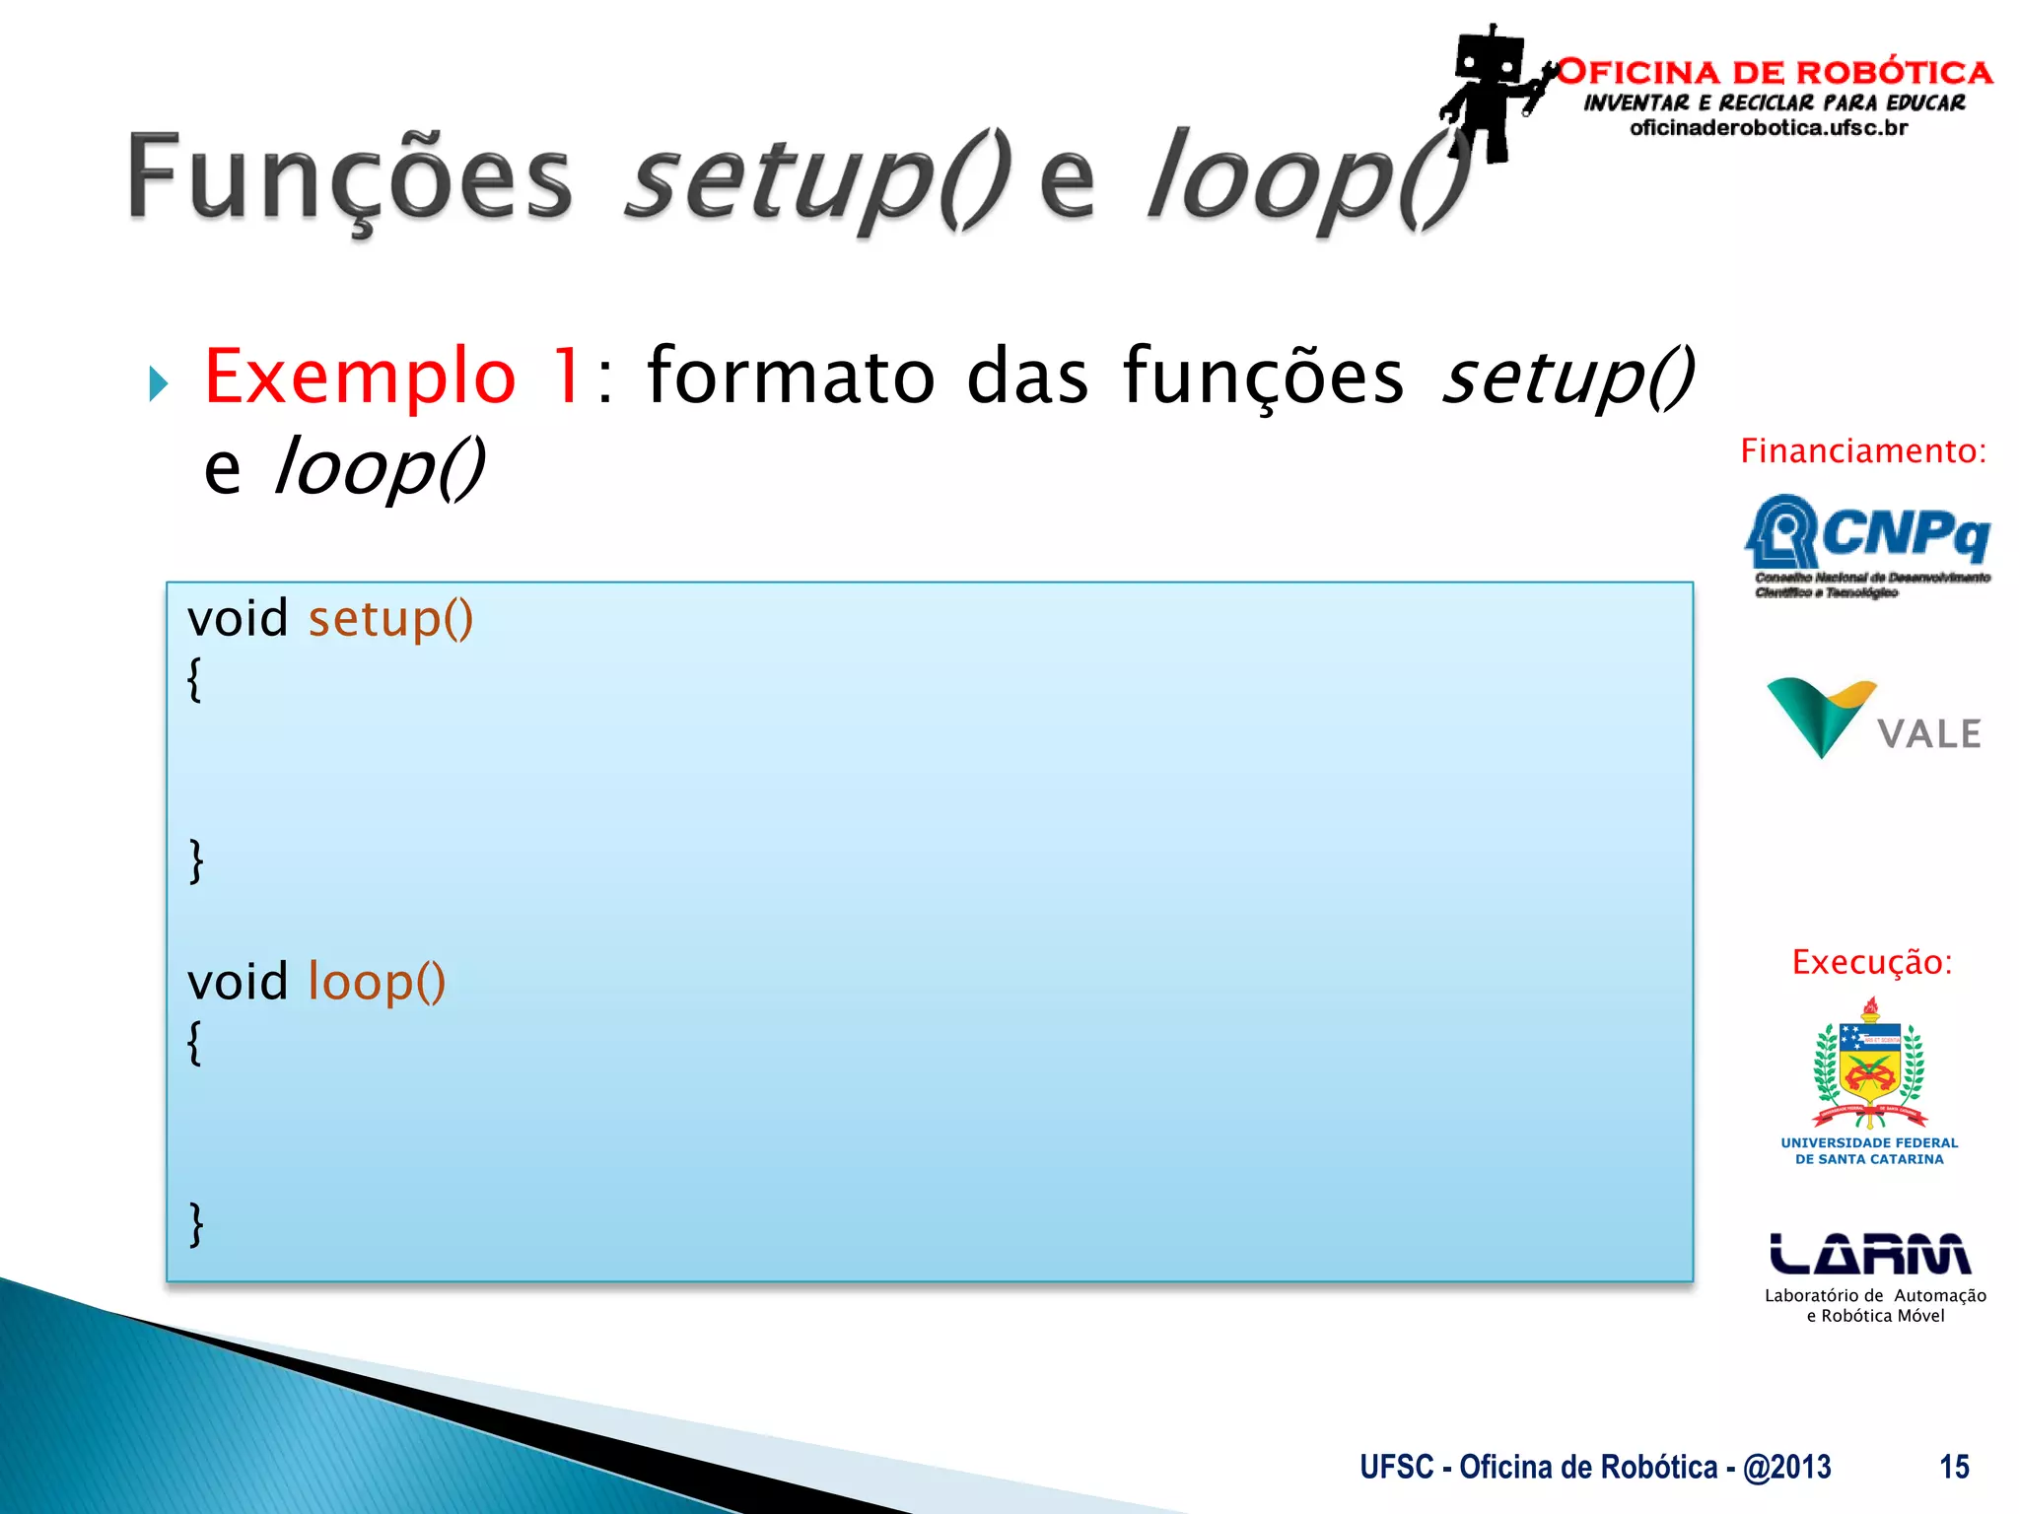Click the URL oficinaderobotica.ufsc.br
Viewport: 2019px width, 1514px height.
click(1769, 128)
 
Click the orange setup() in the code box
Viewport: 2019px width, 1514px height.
click(390, 619)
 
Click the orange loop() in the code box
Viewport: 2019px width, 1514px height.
click(377, 982)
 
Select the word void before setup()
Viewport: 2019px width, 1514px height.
click(238, 619)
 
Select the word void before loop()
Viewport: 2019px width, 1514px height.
click(238, 982)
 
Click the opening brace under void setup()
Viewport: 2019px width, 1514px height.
click(195, 680)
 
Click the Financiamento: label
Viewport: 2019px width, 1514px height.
click(1862, 451)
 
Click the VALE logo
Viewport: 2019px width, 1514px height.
click(1873, 720)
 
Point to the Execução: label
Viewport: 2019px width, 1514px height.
click(1871, 962)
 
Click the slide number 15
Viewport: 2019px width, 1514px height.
click(1954, 1467)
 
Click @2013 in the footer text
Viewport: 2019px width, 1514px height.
click(1786, 1467)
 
